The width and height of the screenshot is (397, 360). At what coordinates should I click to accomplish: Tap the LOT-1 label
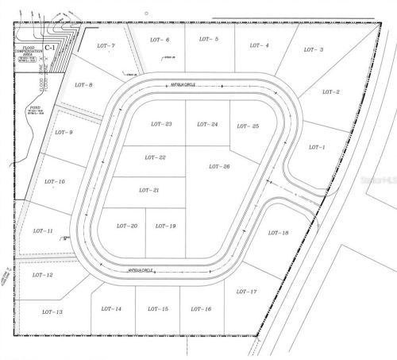pos(317,147)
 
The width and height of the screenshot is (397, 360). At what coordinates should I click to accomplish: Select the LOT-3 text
pos(315,49)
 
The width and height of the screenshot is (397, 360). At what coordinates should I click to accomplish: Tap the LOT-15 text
pos(158,308)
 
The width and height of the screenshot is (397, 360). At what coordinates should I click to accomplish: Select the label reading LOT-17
pos(247,292)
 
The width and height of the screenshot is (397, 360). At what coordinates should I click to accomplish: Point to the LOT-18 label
pos(278,233)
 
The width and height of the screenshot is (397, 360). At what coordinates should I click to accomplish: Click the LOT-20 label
pos(128,226)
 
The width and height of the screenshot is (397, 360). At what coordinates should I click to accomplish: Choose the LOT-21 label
pos(149,191)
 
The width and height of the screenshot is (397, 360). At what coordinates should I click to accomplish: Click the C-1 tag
pos(49,48)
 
